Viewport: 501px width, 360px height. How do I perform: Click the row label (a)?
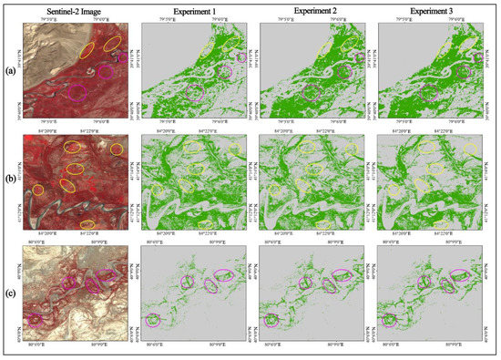tap(9, 69)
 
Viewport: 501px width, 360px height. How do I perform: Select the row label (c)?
tap(9, 293)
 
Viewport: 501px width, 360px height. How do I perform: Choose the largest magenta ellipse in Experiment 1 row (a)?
tap(194, 91)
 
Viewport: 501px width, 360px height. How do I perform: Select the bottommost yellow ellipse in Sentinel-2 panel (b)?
tap(87, 224)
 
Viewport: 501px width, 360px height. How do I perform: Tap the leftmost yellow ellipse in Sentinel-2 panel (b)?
tap(38, 189)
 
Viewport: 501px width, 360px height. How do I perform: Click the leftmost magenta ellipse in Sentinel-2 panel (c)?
tap(36, 319)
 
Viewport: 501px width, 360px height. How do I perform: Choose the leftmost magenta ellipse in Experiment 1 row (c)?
tap(152, 319)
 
